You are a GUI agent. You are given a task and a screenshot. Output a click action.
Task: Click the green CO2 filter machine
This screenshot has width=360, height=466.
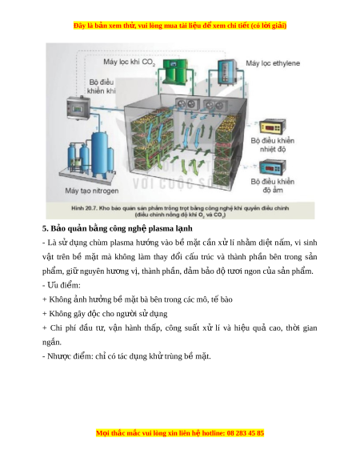tap(175, 72)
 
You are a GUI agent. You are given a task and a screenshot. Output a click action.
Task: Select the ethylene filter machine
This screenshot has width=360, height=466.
tap(227, 73)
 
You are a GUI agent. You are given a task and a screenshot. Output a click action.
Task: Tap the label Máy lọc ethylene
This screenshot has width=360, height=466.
tap(273, 63)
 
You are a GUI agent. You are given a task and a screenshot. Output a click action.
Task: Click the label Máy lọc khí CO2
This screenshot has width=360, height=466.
tap(130, 62)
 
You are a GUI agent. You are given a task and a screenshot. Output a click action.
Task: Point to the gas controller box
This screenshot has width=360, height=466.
tap(78, 108)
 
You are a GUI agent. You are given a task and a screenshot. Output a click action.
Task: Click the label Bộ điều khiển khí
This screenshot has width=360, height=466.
tap(102, 86)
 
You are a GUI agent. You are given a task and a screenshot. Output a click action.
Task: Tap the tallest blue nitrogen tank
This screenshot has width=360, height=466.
tap(99, 154)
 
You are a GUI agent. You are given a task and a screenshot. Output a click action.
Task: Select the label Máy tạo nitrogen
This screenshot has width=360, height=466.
tap(92, 191)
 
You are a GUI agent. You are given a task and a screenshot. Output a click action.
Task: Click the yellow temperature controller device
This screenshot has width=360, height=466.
tap(272, 127)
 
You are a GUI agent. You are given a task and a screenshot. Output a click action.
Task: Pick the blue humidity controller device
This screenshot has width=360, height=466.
tap(272, 168)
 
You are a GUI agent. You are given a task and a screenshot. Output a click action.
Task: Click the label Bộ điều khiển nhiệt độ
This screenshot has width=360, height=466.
tap(272, 145)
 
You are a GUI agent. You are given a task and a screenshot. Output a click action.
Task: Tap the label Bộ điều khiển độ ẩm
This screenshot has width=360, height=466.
tap(272, 186)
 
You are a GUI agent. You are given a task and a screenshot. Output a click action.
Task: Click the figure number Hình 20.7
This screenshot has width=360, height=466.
tap(84, 208)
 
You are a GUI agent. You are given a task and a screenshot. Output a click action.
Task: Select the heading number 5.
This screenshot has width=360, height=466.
tap(45, 228)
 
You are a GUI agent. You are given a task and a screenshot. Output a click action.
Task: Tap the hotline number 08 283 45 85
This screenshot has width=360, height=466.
tap(246, 433)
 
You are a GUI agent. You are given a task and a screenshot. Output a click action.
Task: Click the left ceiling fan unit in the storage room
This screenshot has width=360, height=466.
tap(186, 104)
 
